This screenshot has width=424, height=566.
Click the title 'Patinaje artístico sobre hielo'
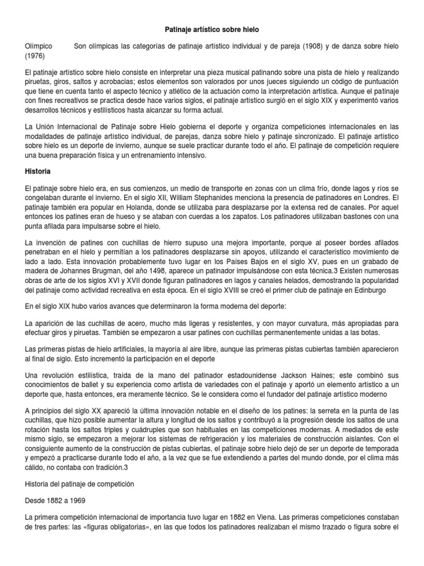(x=212, y=27)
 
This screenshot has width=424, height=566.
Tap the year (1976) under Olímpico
(x=36, y=56)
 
